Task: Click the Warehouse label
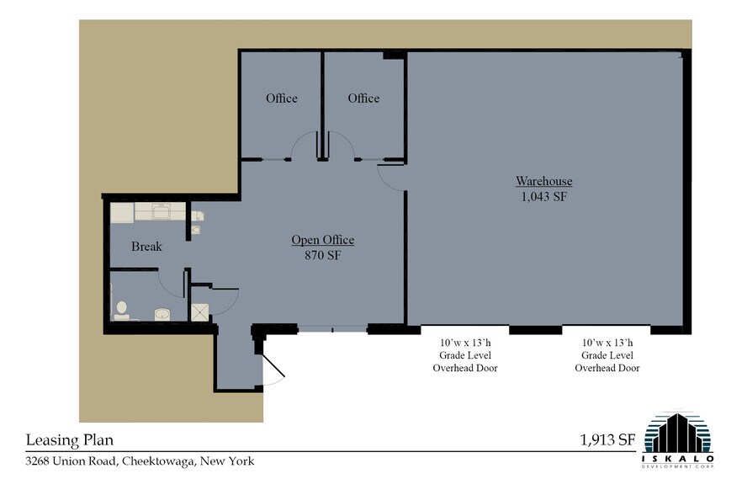tap(543, 181)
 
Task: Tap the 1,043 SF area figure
tap(543, 197)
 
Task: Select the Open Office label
tap(323, 240)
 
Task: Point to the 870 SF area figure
tap(323, 255)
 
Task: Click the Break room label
tap(146, 247)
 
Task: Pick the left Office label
tap(282, 98)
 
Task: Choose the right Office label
tap(363, 98)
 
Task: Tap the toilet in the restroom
tap(121, 311)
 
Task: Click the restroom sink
tap(162, 314)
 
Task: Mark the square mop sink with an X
tap(199, 312)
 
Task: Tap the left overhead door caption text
tap(465, 355)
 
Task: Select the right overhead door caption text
tap(607, 355)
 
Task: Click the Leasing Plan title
tap(70, 440)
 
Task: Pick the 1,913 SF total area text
tap(607, 440)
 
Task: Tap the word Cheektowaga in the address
tap(157, 460)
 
